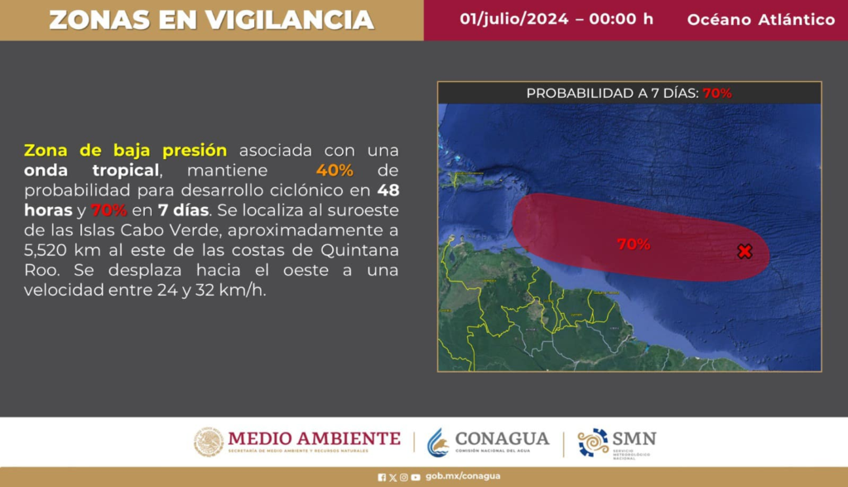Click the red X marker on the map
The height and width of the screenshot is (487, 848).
pyautogui.click(x=744, y=251)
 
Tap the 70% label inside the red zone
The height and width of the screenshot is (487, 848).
pyautogui.click(x=634, y=244)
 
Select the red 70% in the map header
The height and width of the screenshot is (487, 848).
pyautogui.click(x=717, y=93)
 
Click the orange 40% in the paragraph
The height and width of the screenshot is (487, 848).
pyautogui.click(x=335, y=170)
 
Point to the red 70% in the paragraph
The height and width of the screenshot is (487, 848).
pyautogui.click(x=108, y=210)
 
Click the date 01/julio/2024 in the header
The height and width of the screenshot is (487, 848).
pyautogui.click(x=514, y=19)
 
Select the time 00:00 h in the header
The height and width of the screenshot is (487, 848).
pyautogui.click(x=621, y=19)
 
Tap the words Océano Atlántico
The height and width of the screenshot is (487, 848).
pyautogui.click(x=761, y=20)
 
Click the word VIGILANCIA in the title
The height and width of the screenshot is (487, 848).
pyautogui.click(x=289, y=20)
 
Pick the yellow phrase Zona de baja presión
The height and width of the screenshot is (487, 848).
pyautogui.click(x=126, y=150)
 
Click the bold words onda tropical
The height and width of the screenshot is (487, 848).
pyautogui.click(x=92, y=171)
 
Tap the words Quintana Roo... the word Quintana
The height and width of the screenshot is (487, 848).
pyautogui.click(x=359, y=250)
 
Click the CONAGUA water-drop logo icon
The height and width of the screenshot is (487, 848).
pyautogui.click(x=438, y=442)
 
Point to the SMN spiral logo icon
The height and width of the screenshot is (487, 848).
pyautogui.click(x=593, y=442)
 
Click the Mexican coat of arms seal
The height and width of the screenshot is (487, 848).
pyautogui.click(x=209, y=442)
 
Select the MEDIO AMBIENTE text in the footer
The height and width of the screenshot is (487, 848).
pyautogui.click(x=314, y=438)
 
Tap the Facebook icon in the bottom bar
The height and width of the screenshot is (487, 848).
pyautogui.click(x=382, y=477)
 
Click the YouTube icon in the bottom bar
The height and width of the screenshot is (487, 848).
pyautogui.click(x=416, y=477)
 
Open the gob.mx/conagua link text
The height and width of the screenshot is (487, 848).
pyautogui.click(x=463, y=476)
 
